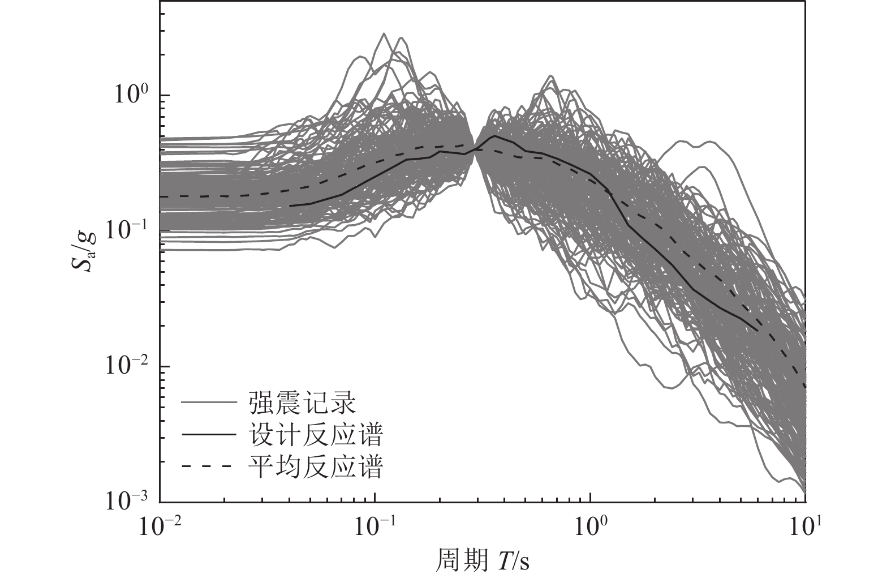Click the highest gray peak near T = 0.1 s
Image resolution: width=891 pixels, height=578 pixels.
point(385,34)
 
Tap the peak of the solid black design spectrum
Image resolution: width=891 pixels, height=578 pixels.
point(495,136)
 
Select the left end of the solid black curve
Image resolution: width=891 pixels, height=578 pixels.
point(290,206)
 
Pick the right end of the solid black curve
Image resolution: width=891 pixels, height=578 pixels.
point(757,330)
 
